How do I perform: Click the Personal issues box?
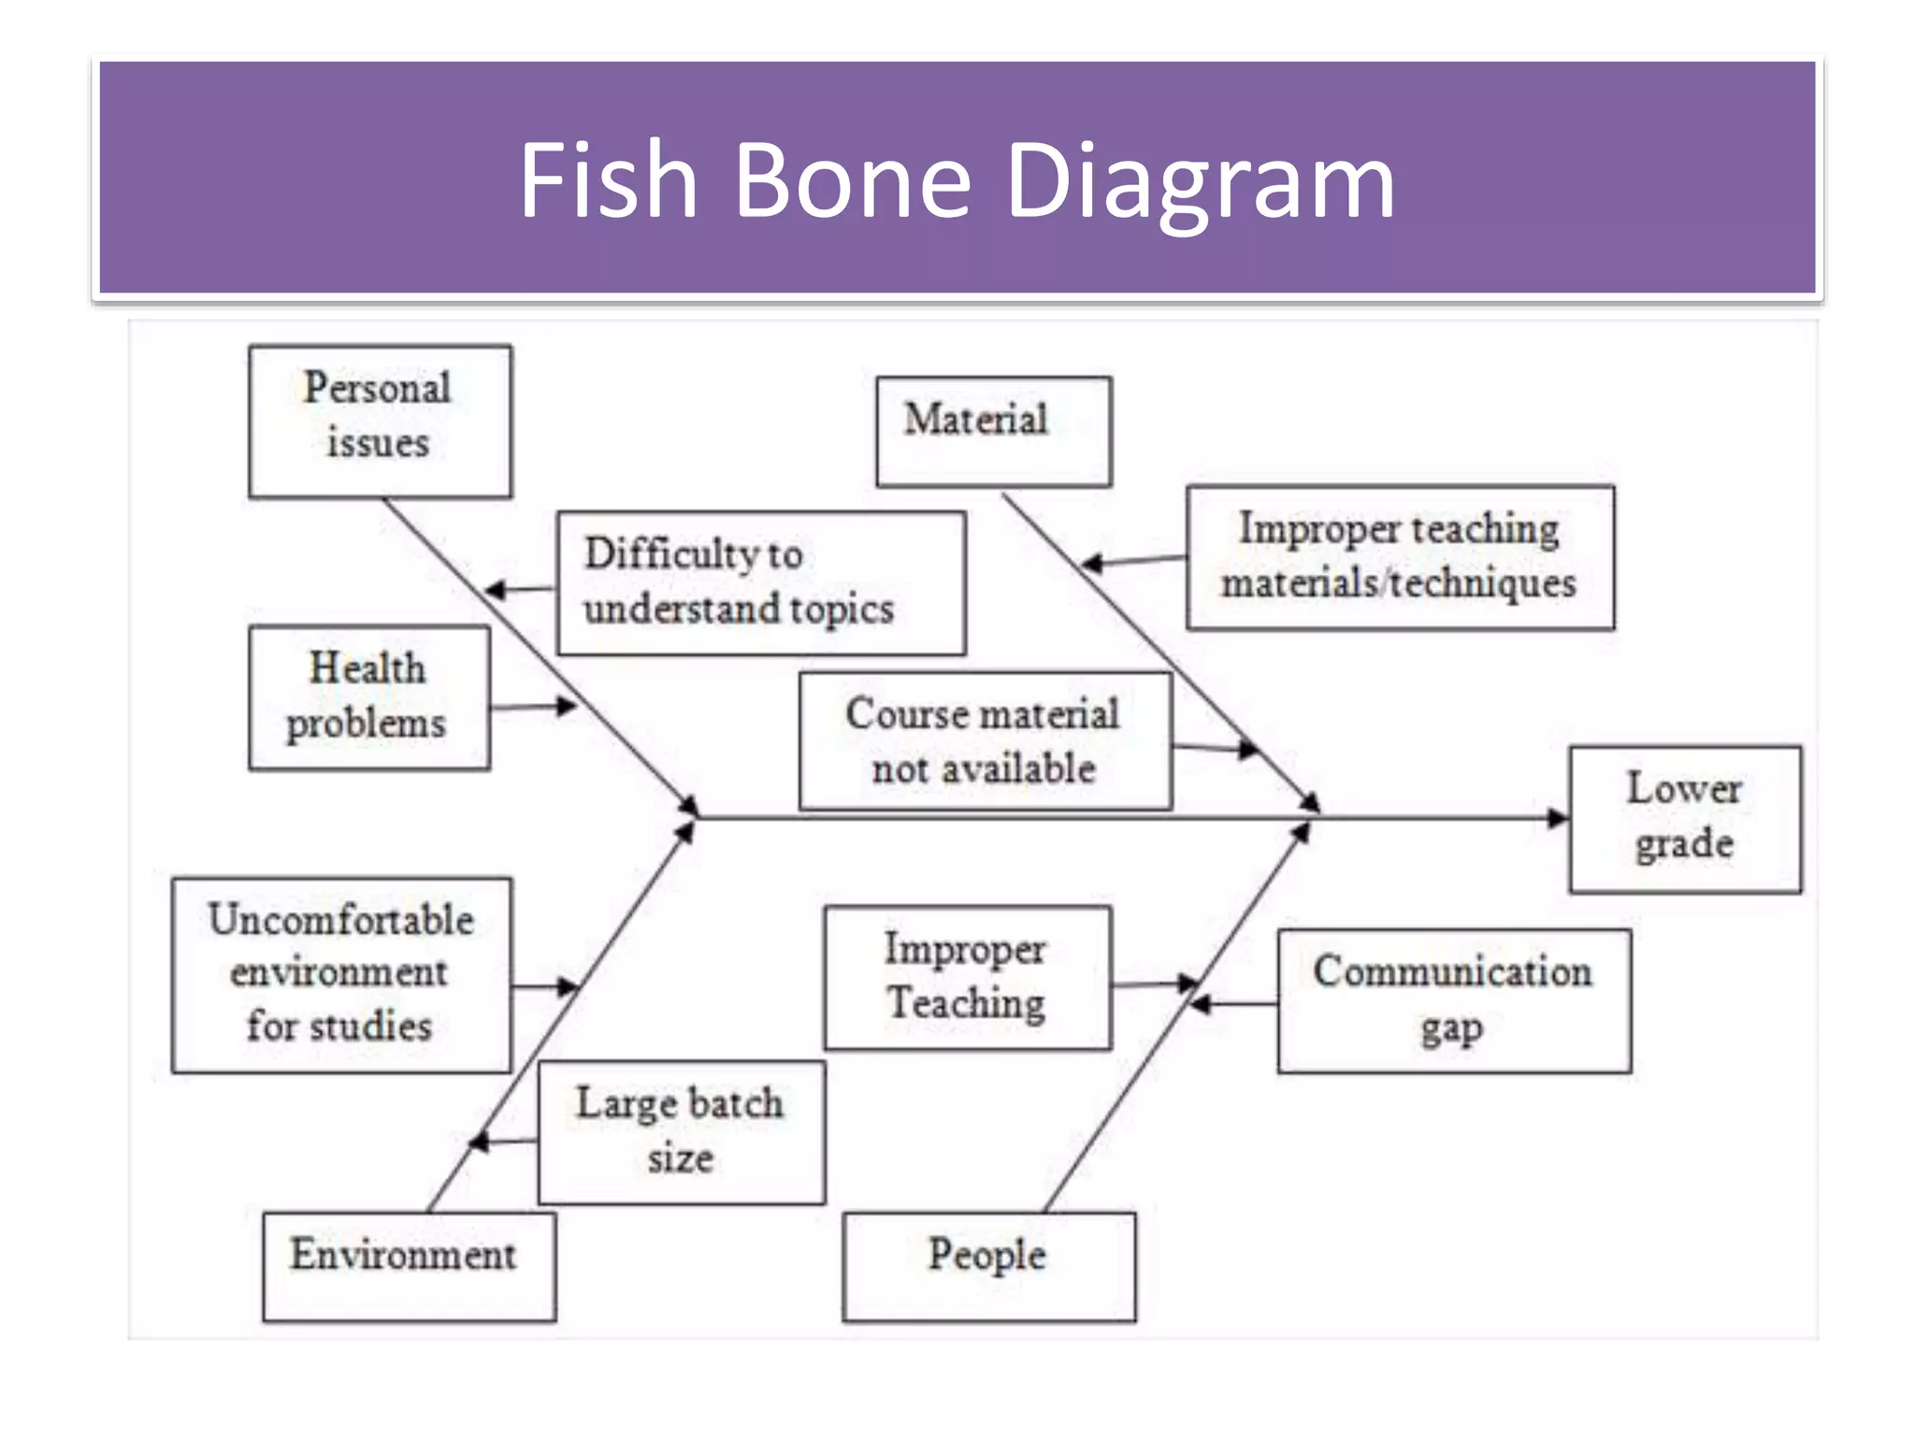(380, 421)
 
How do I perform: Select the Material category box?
(993, 431)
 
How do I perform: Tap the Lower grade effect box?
(1685, 819)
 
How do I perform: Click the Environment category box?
(409, 1266)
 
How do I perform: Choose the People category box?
(988, 1266)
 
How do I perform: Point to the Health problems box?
(368, 697)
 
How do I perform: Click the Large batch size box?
(681, 1132)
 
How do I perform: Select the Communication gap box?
(1454, 1000)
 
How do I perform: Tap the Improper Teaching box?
(967, 978)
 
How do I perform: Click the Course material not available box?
(985, 740)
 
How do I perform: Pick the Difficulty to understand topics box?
(760, 582)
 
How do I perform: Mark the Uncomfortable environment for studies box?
(341, 974)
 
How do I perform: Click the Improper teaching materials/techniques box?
(1400, 557)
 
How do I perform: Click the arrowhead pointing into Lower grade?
(1556, 819)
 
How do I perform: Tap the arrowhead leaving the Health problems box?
(565, 706)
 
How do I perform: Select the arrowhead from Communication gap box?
(1201, 1004)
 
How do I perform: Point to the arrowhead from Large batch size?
(479, 1142)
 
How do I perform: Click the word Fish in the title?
(608, 179)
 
